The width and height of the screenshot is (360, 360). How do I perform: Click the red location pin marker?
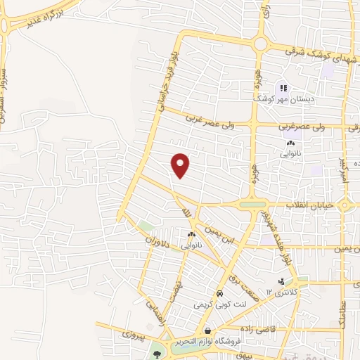(181, 165)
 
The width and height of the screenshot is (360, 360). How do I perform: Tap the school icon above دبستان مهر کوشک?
(283, 88)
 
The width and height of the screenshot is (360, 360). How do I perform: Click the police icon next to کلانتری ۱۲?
(281, 281)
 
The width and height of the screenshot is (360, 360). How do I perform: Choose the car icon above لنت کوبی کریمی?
(220, 293)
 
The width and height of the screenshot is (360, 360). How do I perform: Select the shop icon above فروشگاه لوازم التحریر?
(207, 330)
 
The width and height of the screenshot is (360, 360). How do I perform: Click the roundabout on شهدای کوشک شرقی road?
(261, 44)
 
